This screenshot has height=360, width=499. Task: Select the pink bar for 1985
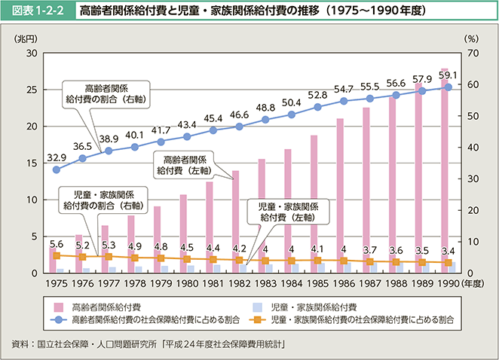314,203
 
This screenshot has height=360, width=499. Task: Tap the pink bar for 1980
183,233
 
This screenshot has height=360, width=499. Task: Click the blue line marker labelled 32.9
57,169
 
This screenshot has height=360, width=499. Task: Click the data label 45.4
214,118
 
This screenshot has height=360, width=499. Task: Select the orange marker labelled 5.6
57,255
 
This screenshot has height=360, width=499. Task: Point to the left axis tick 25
32,90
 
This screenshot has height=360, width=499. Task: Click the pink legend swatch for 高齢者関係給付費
58,307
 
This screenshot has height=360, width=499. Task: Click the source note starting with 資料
151,343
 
